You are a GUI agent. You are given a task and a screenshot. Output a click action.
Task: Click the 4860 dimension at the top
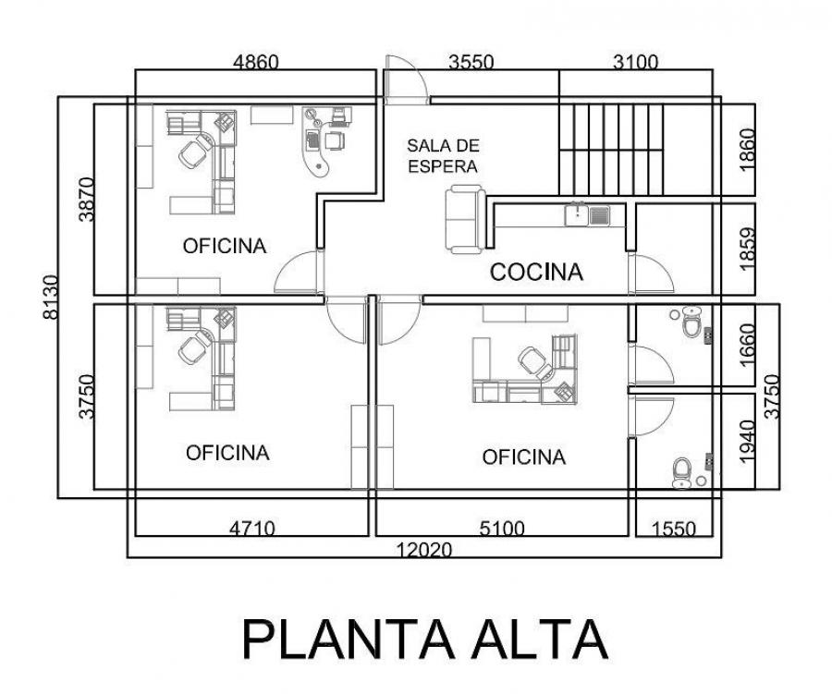(256, 63)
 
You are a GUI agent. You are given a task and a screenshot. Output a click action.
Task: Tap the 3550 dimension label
(471, 63)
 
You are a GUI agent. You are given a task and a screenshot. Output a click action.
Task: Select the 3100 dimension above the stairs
(636, 63)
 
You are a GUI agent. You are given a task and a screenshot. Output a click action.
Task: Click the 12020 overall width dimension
(424, 550)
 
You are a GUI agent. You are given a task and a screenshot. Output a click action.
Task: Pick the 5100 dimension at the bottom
(502, 529)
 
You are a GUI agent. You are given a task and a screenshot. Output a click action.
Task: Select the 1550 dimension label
(674, 529)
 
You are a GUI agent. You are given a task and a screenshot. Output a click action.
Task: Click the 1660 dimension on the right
(748, 344)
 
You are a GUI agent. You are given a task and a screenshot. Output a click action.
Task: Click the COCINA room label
(536, 273)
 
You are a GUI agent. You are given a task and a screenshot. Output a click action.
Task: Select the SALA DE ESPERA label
(444, 156)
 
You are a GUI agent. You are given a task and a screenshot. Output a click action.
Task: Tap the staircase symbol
(612, 149)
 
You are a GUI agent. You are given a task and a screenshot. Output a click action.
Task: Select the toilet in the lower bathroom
(682, 471)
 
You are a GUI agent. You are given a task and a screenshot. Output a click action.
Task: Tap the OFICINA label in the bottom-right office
(523, 457)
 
